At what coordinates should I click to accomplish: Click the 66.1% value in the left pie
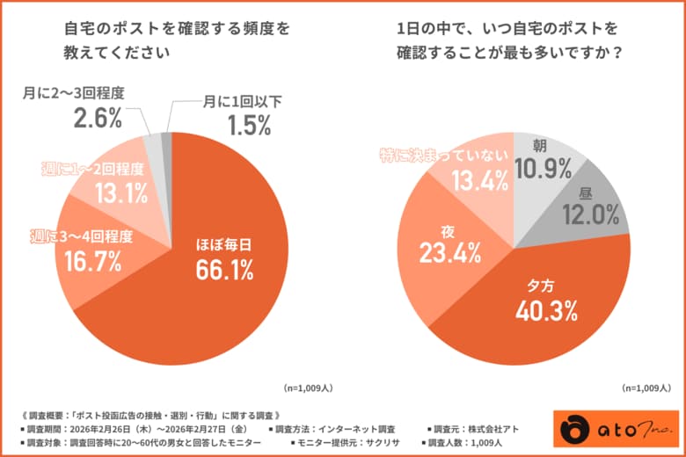click(223, 271)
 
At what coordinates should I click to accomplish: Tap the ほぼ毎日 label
click(223, 243)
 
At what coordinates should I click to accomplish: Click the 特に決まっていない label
click(444, 156)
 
